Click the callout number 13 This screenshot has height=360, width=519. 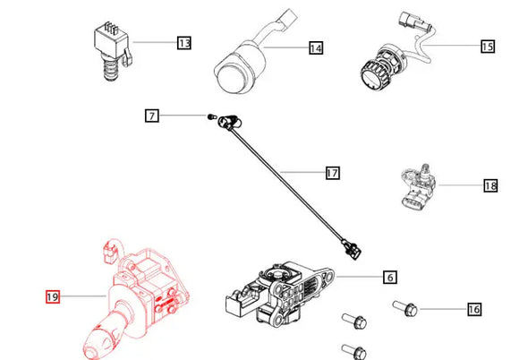point(184,42)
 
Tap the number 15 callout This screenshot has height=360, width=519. point(487,45)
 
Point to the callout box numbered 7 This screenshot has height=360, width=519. point(152,116)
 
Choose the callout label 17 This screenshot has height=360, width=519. point(331,172)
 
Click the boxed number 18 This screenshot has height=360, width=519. point(489,186)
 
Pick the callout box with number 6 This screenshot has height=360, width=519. point(390,278)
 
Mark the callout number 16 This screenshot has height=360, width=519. point(473,309)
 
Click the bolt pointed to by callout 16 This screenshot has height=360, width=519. point(406,310)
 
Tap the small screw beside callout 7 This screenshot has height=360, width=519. point(210,116)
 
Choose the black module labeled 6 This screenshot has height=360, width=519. point(277,291)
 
